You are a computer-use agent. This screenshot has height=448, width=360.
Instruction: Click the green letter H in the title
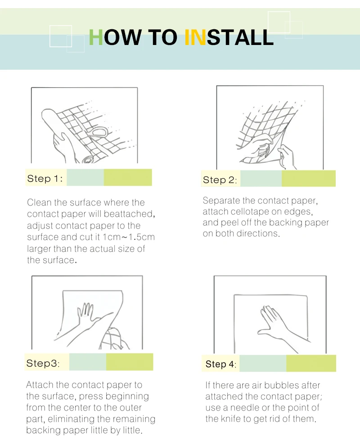(96, 37)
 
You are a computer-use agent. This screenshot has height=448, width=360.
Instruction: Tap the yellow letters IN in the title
(195, 37)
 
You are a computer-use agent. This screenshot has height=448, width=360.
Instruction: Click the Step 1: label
(45, 179)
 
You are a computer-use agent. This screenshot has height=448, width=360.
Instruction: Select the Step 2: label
(220, 180)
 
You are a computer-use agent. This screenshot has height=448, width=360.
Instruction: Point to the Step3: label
(43, 363)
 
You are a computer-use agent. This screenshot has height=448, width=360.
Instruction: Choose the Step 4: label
(221, 364)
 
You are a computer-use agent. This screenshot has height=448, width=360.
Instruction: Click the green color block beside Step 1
(128, 177)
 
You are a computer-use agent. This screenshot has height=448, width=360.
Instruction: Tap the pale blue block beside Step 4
(263, 363)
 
